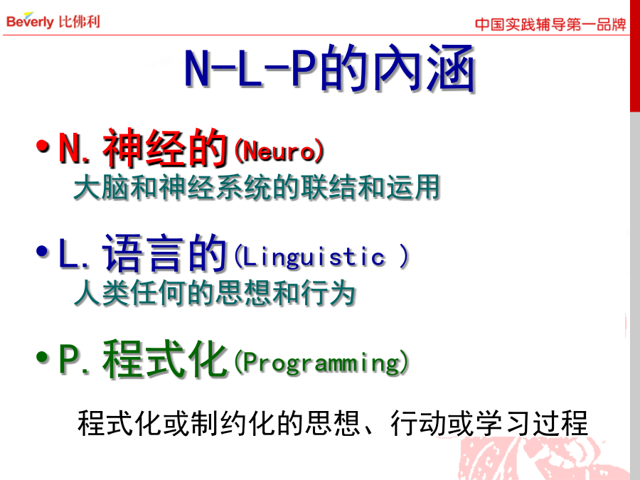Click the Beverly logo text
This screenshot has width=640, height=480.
tap(30, 21)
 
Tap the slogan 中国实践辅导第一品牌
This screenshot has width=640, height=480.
tap(550, 24)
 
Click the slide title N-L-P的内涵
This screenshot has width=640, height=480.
tap(330, 68)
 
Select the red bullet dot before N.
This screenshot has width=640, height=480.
tap(43, 146)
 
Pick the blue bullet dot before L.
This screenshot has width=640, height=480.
tap(43, 252)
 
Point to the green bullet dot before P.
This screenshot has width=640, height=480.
tap(43, 358)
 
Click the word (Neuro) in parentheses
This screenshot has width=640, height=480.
tap(279, 151)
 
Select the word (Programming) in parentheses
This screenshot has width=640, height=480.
tap(321, 363)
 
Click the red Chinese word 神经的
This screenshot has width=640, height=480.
tap(165, 148)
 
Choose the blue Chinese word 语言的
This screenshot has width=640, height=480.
tap(165, 253)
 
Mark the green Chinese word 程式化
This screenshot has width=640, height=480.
tap(165, 359)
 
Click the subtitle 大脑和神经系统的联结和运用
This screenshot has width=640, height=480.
tap(257, 187)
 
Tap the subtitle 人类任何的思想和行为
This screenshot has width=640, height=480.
tap(215, 293)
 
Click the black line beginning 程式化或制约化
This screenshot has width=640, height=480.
tap(333, 423)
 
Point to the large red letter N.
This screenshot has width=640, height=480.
tap(70, 148)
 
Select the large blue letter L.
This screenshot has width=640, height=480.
tap(68, 253)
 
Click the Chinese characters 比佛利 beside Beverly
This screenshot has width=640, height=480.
tap(79, 21)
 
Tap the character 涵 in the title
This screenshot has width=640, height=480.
tap(452, 68)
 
